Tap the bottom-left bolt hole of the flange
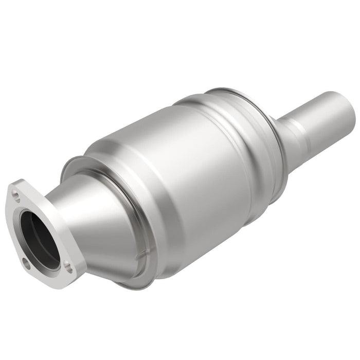pos(26,265)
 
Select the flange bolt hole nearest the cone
pos(67,266)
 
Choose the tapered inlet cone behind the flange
pos(98,216)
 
